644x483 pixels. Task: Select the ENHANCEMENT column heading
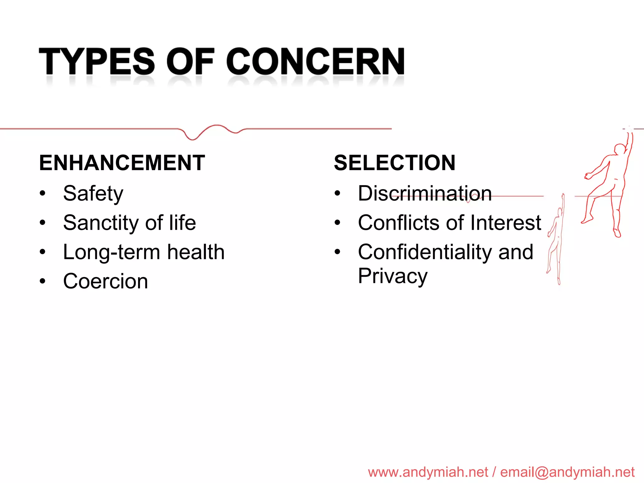pyautogui.click(x=122, y=163)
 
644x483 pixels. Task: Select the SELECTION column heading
pyautogui.click(x=395, y=163)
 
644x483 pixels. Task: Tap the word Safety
pyautogui.click(x=93, y=193)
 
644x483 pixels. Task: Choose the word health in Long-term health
pyautogui.click(x=196, y=252)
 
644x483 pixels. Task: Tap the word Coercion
pyautogui.click(x=105, y=281)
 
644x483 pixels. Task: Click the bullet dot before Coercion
pyautogui.click(x=43, y=281)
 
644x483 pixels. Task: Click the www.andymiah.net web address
pyautogui.click(x=428, y=472)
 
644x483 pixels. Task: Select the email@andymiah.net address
pyautogui.click(x=567, y=472)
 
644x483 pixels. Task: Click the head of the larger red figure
pyautogui.click(x=620, y=149)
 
